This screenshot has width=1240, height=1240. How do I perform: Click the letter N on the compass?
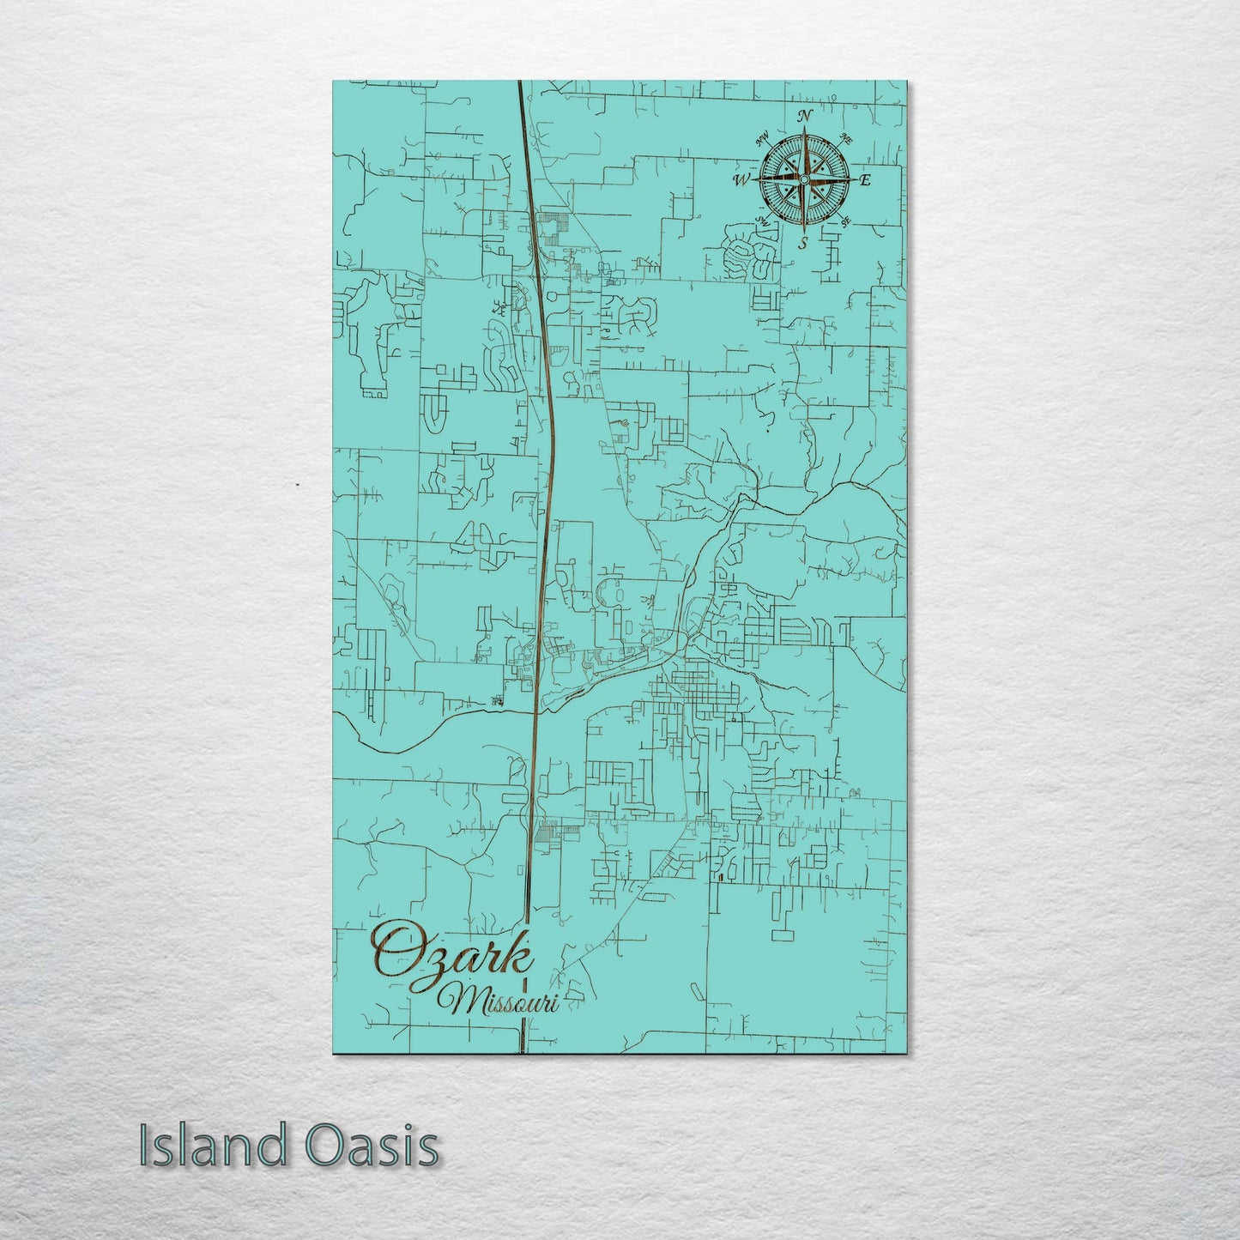pos(805,116)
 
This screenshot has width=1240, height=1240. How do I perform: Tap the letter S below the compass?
pos(803,243)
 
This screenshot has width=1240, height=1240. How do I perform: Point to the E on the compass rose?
pos(865,180)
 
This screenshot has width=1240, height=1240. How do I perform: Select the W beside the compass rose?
pos(741,180)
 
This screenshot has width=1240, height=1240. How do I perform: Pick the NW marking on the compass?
pos(762,137)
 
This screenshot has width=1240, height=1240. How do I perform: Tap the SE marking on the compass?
pos(845,221)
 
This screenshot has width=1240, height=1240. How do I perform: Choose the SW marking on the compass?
pos(761,221)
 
